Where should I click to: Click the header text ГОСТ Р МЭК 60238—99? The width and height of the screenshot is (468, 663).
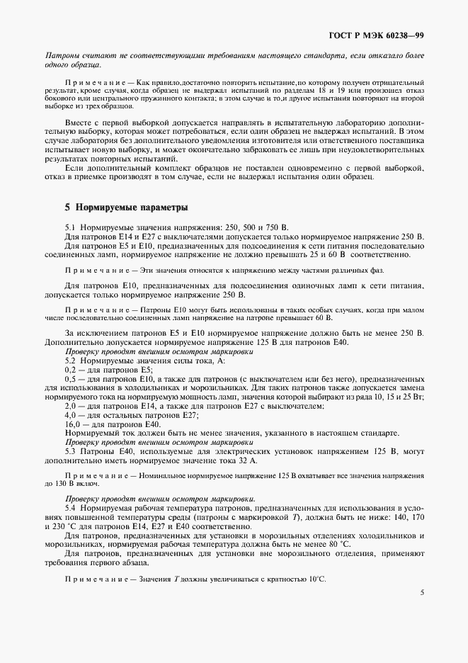point(385,35)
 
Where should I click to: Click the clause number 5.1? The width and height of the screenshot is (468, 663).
point(71,226)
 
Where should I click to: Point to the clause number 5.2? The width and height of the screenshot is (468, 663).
point(71,361)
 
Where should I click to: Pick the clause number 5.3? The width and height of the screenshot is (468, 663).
point(71,451)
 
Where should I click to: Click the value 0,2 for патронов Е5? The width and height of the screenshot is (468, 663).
point(71,370)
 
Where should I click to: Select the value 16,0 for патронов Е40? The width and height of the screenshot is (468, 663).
point(72,424)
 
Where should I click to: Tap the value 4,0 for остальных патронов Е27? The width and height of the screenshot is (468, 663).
point(71,414)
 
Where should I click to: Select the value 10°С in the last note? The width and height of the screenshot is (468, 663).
point(314,579)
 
